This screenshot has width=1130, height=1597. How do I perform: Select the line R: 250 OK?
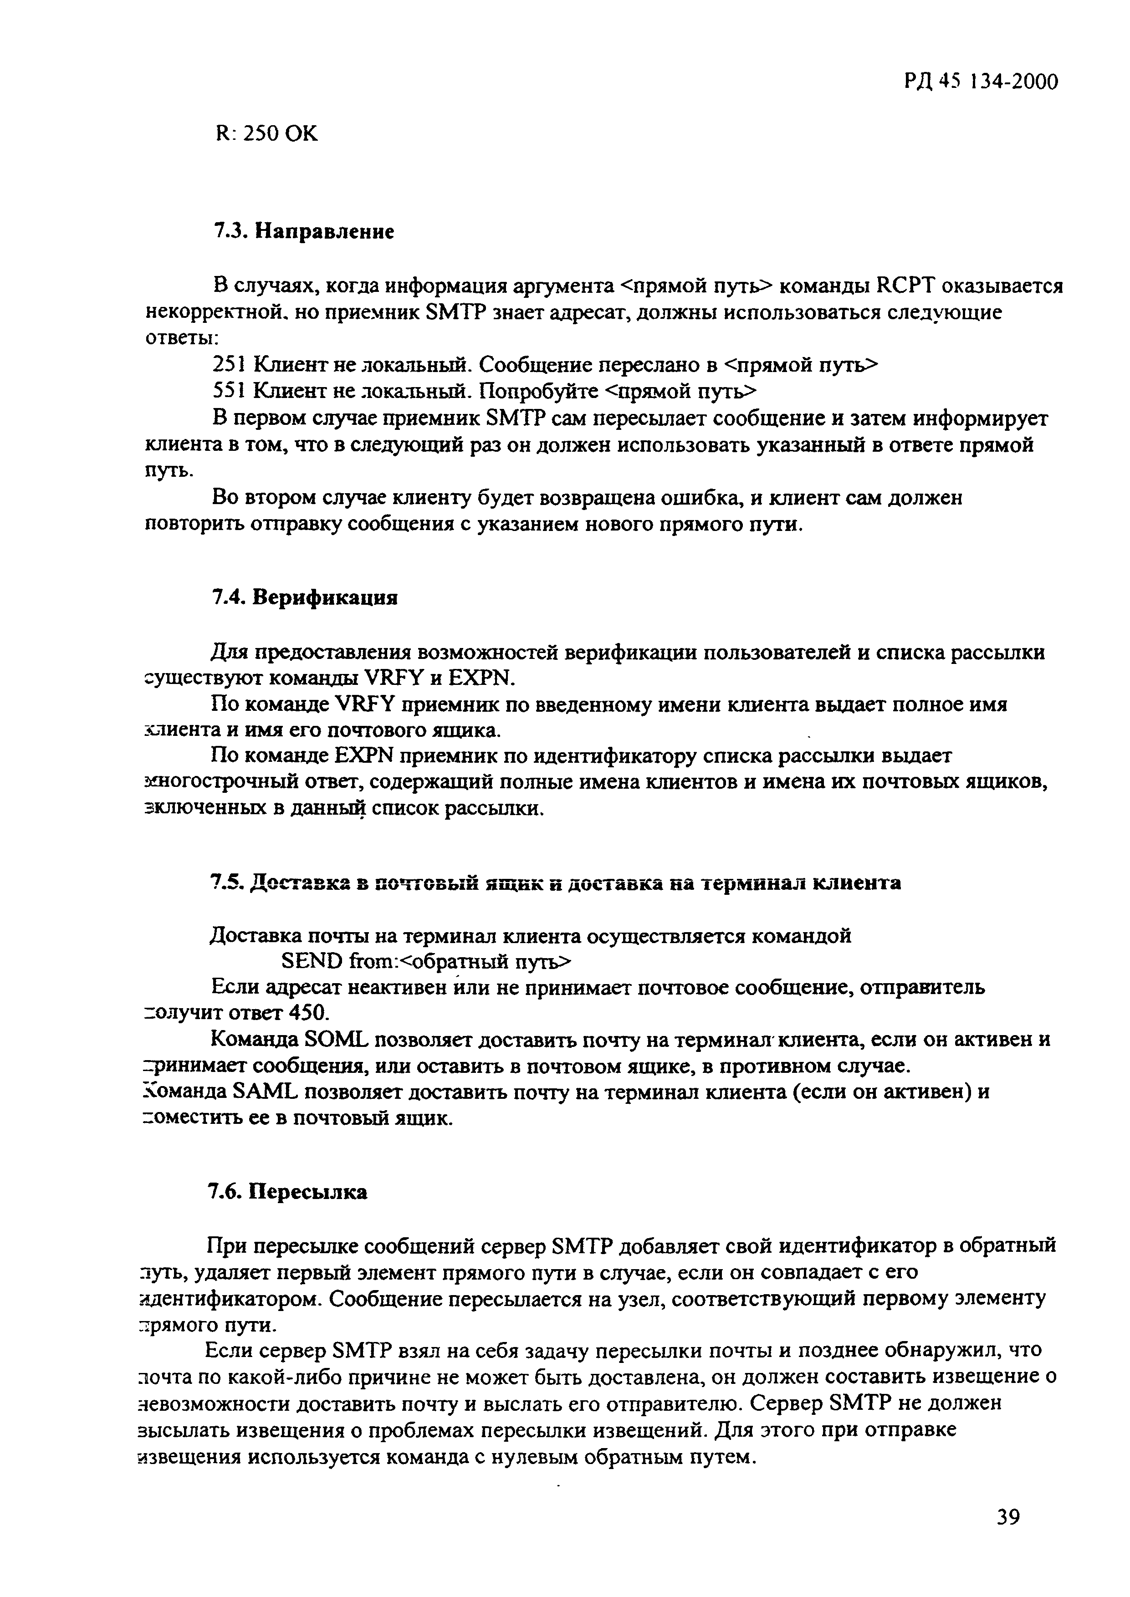tap(266, 133)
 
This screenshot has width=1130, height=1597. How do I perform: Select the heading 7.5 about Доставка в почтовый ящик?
tap(555, 883)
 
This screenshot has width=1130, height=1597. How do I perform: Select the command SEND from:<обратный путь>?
tap(426, 961)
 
